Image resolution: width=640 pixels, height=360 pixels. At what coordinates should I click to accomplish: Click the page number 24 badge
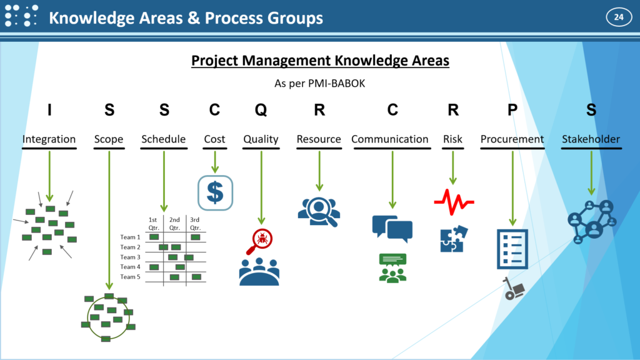point(619,17)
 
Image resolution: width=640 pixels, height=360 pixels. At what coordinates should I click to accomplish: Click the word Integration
point(49,139)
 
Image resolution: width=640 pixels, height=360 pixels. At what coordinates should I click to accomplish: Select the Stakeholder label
point(591,139)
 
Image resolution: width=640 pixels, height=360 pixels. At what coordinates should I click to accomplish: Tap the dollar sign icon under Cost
point(215,192)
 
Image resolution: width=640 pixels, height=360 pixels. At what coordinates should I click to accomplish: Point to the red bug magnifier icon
point(259,241)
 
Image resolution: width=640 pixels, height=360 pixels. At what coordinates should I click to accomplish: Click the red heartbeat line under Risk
point(454,202)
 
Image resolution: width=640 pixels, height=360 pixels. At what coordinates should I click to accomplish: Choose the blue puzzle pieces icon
point(454,239)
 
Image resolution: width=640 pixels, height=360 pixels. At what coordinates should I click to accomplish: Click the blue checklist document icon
point(512,249)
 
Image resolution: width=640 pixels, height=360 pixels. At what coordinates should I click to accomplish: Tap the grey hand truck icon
point(514,289)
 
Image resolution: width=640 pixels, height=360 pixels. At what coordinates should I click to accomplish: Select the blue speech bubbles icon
point(392,228)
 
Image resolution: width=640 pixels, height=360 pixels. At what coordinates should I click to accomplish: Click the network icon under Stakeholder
point(592,222)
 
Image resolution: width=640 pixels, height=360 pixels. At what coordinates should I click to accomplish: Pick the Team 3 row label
point(130,257)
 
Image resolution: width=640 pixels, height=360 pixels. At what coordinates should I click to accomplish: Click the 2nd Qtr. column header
point(175,224)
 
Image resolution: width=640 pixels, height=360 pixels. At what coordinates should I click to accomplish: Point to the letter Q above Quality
point(261,110)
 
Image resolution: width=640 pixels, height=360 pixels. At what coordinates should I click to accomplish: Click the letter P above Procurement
point(512,109)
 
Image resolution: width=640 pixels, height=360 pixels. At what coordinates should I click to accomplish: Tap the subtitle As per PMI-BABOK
point(319,84)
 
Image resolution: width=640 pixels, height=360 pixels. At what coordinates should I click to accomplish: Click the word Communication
point(390,139)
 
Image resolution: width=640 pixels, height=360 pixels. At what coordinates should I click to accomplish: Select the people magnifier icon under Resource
point(319,212)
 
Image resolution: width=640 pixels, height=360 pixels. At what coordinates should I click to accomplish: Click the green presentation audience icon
point(392,267)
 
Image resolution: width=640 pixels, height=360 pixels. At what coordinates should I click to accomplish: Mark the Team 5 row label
point(130,277)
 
